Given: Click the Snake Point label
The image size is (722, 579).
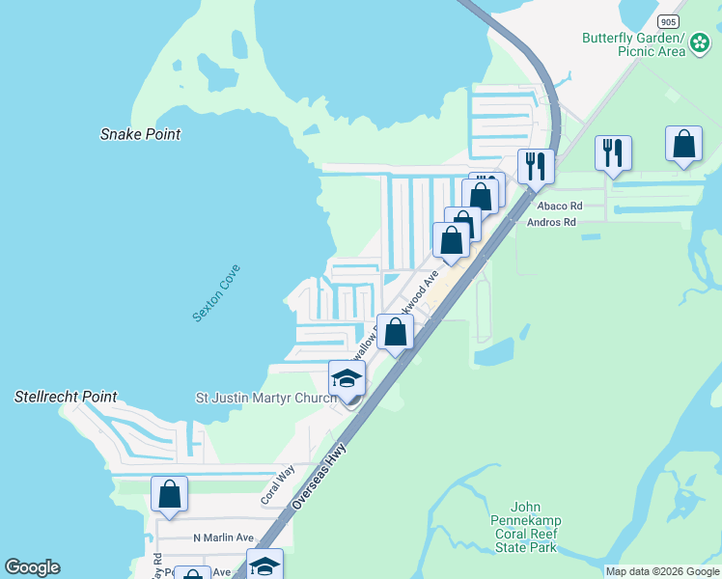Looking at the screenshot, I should (x=140, y=134).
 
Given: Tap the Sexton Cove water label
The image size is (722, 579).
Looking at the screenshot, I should (x=216, y=293).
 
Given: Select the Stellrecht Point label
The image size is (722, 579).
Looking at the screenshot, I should (x=66, y=397).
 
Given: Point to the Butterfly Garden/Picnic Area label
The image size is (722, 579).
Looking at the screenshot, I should (x=632, y=44).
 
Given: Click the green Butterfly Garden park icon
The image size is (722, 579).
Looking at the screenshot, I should (x=700, y=44).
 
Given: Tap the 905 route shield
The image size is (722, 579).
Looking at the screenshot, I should (x=668, y=20).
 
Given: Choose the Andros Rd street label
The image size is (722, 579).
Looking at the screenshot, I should (x=551, y=222).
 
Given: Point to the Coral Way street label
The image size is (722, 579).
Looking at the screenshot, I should (x=277, y=485).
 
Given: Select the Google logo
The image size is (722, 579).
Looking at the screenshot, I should (x=32, y=567).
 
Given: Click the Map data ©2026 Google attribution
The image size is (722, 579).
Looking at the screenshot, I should (x=661, y=571).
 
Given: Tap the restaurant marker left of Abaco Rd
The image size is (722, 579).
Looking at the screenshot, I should (x=534, y=166).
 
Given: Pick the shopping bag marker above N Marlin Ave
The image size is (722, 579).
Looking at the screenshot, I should (x=169, y=494).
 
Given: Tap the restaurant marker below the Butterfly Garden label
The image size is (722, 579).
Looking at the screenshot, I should (x=613, y=152).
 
